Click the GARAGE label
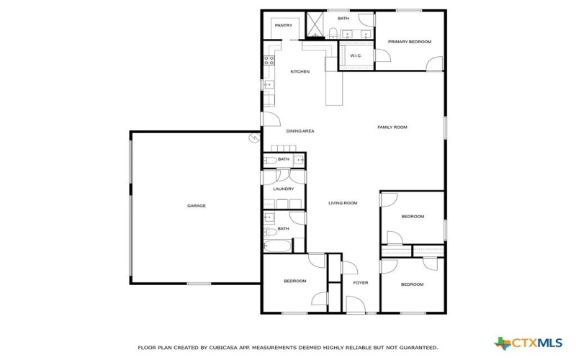point(197,206)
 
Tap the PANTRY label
point(283,26)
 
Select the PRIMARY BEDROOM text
point(410,42)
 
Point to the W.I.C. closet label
point(355,56)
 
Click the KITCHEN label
point(300,71)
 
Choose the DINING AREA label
point(300,131)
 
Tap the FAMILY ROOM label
point(392,127)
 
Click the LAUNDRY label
point(283,189)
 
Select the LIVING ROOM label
point(343,203)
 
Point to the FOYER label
point(360,282)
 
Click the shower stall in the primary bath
point(316,24)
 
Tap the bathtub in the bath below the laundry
point(277,247)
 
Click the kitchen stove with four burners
point(270,60)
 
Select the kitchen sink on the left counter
point(269,85)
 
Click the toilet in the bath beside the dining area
point(269,160)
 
